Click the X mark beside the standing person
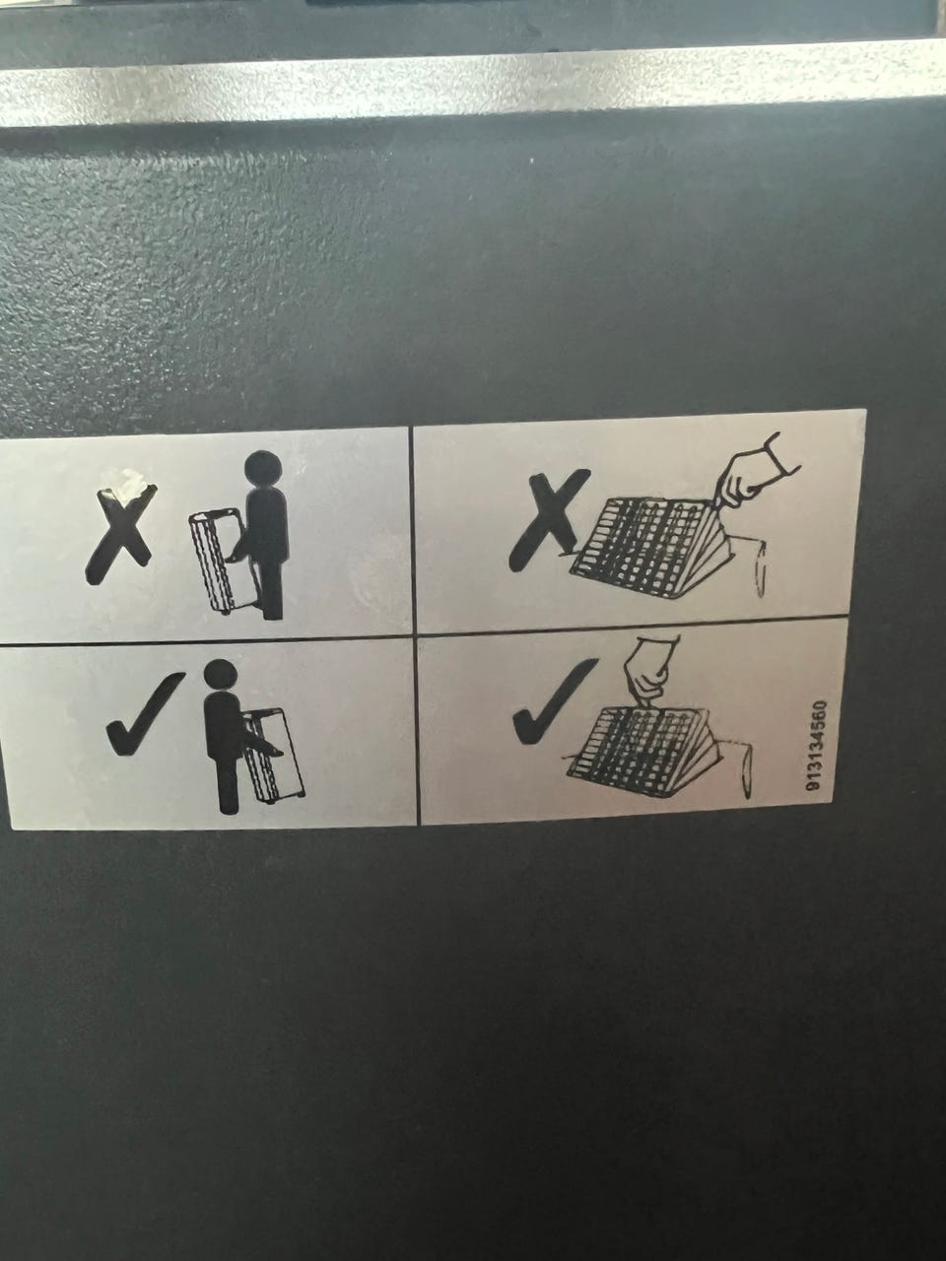pyautogui.click(x=120, y=534)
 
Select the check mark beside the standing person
pyautogui.click(x=145, y=713)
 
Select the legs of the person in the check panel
pyautogui.click(x=228, y=781)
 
